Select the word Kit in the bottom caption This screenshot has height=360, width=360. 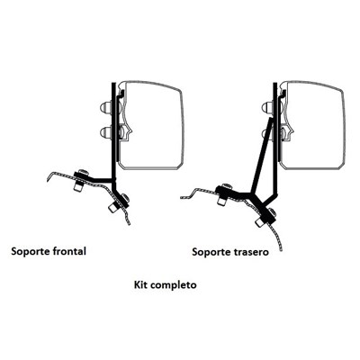coord(140,284)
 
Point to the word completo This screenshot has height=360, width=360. coord(174,284)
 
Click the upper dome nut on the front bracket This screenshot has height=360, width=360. coord(105,107)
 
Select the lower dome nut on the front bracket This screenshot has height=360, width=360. coord(106,131)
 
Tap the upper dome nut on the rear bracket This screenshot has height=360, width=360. coord(267,107)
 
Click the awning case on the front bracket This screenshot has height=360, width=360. coord(150,124)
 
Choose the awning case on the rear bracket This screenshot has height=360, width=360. coord(312,124)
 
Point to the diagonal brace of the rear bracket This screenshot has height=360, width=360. coord(262,155)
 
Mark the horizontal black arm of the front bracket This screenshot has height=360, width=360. coord(101,179)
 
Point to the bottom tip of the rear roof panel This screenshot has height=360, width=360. coord(281,250)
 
